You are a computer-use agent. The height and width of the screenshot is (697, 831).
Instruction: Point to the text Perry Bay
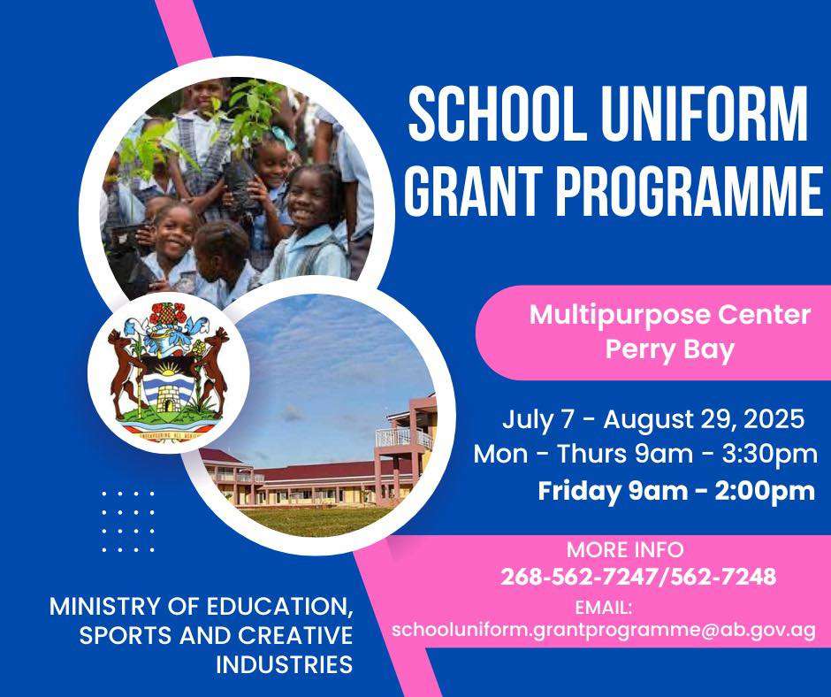click(670, 349)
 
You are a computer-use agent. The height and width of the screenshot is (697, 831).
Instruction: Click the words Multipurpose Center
click(670, 315)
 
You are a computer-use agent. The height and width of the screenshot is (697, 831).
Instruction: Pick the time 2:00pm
click(765, 491)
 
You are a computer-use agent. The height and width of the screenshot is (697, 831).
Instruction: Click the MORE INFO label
click(625, 549)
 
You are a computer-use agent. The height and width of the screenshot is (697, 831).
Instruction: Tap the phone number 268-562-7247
click(579, 576)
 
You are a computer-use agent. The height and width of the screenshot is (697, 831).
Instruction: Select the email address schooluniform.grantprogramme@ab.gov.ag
click(604, 630)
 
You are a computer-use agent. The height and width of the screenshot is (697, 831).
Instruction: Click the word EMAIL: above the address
click(604, 608)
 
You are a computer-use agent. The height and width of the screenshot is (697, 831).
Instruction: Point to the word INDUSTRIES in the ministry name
click(285, 664)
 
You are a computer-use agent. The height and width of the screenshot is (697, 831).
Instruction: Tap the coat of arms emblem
click(169, 372)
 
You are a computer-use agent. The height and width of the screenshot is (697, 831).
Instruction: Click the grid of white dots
click(128, 522)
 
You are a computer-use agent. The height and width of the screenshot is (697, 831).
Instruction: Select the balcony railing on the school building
click(404, 438)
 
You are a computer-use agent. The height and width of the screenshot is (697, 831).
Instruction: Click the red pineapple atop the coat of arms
click(167, 313)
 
